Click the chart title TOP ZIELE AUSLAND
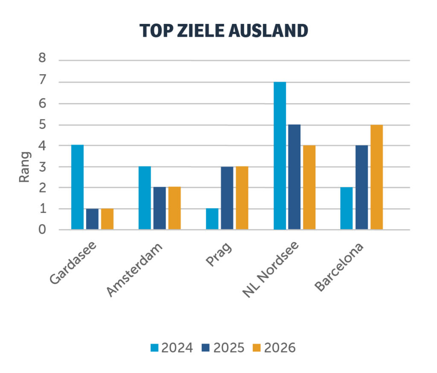[x=224, y=31]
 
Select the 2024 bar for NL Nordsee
[x=280, y=156]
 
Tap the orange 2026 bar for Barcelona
[x=376, y=177]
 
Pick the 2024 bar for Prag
[x=212, y=219]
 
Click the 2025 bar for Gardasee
[x=92, y=219]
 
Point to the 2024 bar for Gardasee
[x=77, y=187]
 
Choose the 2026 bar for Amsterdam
[x=175, y=208]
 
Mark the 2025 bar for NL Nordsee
[x=294, y=177]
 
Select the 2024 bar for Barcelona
[x=347, y=208]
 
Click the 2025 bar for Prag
[x=227, y=198]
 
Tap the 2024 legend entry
[x=172, y=348]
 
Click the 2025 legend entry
[x=223, y=348]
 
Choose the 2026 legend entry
[x=274, y=348]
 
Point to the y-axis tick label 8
[x=42, y=58]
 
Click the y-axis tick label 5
[x=42, y=125]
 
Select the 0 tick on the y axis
[x=42, y=230]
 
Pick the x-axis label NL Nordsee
[x=271, y=270]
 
